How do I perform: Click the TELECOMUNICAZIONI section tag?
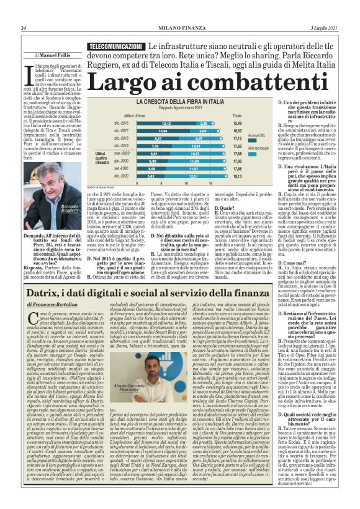[x=114, y=47]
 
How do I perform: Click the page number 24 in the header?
[x=24, y=27]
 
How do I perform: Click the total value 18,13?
[x=254, y=176]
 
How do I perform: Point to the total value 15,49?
[x=254, y=124]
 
